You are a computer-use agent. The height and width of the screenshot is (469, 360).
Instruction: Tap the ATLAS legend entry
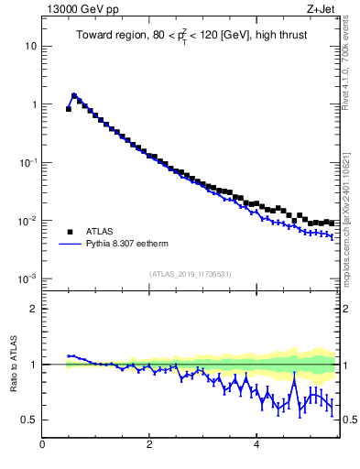click(x=102, y=232)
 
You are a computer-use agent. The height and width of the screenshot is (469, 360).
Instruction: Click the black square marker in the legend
click(x=69, y=232)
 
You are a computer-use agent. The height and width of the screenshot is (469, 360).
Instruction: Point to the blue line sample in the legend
click(x=69, y=245)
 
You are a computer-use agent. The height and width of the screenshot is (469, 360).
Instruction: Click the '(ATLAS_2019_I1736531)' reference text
click(x=191, y=274)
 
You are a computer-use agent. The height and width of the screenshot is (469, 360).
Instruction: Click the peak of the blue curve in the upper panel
click(x=74, y=94)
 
